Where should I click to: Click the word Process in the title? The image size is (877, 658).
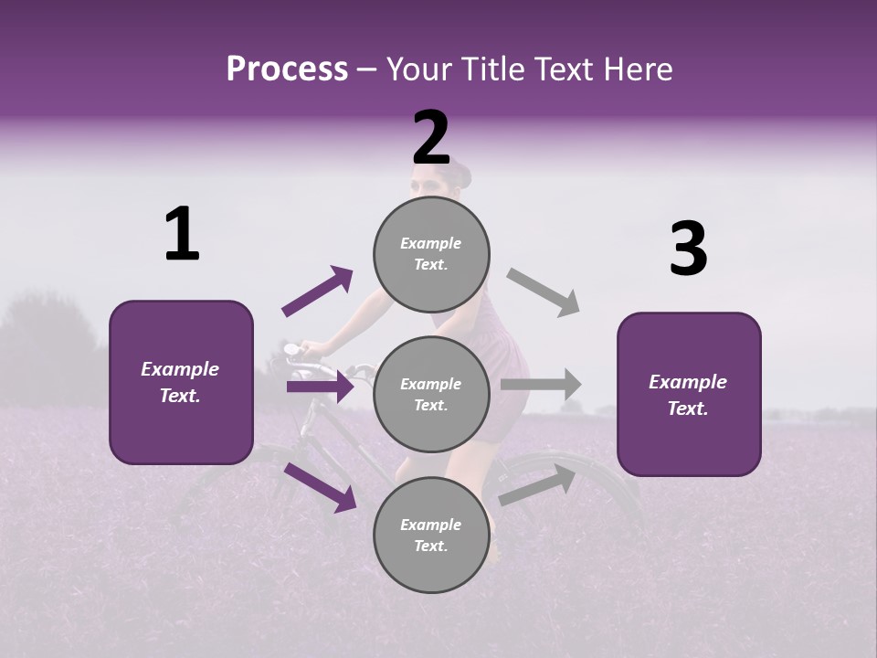[287, 69]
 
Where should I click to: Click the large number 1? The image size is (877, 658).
[182, 235]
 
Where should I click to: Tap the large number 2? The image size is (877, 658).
[431, 138]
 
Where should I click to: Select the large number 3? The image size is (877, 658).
[688, 249]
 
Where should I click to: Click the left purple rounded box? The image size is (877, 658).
[181, 382]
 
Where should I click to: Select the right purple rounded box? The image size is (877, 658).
[689, 395]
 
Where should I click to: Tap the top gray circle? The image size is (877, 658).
[431, 254]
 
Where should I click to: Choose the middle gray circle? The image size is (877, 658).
[431, 395]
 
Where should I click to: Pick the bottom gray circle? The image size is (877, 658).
[431, 536]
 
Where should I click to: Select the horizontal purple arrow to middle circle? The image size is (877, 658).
[320, 387]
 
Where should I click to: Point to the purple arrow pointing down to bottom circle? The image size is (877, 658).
[320, 487]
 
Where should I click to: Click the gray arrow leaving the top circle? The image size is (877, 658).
[544, 292]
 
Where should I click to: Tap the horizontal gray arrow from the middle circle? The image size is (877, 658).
[542, 384]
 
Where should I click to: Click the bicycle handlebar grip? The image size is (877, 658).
[292, 349]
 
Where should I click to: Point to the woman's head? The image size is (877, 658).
[442, 178]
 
